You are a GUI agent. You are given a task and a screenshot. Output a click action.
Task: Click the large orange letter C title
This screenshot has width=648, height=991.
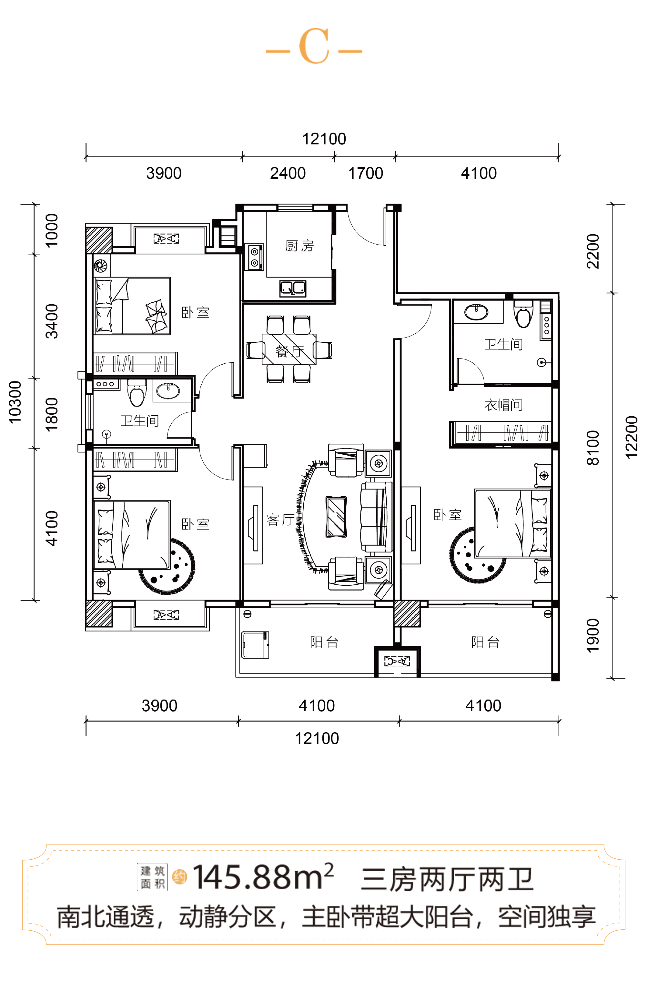click(314, 46)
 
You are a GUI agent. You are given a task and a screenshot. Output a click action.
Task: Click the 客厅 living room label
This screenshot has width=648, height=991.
click(280, 519)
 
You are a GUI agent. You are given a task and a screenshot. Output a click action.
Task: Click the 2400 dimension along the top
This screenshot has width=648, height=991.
click(288, 173)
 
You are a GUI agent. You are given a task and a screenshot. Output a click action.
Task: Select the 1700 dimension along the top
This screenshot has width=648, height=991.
click(366, 173)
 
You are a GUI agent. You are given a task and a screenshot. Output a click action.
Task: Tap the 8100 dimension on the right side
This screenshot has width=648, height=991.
click(592, 448)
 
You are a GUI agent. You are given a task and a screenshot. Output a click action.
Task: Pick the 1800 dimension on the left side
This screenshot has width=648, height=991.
click(51, 414)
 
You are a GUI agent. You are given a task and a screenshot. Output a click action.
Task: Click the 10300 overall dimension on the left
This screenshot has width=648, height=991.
click(15, 402)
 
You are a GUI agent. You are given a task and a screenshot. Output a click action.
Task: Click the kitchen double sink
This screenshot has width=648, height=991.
click(293, 288)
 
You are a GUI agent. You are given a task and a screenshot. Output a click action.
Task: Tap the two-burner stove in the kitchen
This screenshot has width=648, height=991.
click(254, 257)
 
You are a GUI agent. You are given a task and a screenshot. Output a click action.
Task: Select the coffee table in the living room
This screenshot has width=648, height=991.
click(336, 516)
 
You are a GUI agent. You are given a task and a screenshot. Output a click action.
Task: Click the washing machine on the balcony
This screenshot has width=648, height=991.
click(255, 645)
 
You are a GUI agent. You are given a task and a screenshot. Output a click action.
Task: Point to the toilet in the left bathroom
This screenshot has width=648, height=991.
click(137, 392)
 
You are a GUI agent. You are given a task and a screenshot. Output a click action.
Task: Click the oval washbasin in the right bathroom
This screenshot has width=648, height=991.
click(476, 311)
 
